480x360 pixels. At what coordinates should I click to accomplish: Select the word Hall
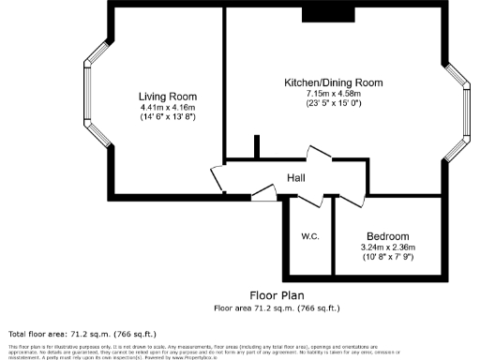pyautogui.click(x=295, y=178)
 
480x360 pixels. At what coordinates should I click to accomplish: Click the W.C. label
pyautogui.click(x=310, y=236)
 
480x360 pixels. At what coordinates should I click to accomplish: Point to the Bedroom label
pyautogui.click(x=387, y=236)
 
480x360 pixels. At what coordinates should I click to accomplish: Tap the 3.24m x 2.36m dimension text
pyautogui.click(x=387, y=247)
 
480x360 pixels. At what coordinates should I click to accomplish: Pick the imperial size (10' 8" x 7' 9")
pyautogui.click(x=387, y=257)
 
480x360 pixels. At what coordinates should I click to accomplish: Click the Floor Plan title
pyautogui.click(x=277, y=295)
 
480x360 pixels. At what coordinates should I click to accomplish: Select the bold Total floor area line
pyautogui.click(x=82, y=334)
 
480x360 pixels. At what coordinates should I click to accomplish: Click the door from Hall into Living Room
pyautogui.click(x=217, y=179)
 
